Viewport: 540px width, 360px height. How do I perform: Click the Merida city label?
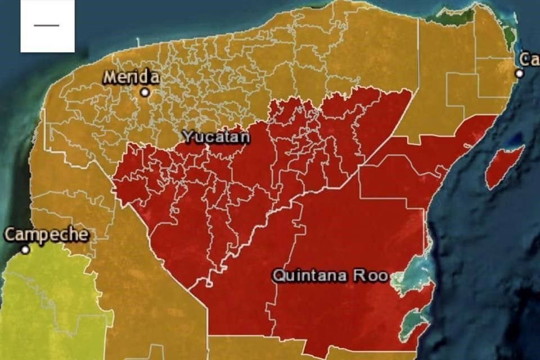tap(131, 77)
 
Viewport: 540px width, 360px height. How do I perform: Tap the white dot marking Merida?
tap(145, 92)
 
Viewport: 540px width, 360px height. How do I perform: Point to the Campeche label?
tap(47, 235)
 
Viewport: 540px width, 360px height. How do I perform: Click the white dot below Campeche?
tap(25, 249)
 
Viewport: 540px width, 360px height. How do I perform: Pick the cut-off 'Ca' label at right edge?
tap(529, 59)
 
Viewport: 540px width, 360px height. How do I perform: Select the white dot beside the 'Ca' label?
tap(519, 74)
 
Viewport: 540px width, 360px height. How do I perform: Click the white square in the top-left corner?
tap(48, 26)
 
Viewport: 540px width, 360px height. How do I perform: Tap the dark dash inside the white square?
tap(46, 25)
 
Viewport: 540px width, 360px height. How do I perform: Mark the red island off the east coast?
tap(503, 165)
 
